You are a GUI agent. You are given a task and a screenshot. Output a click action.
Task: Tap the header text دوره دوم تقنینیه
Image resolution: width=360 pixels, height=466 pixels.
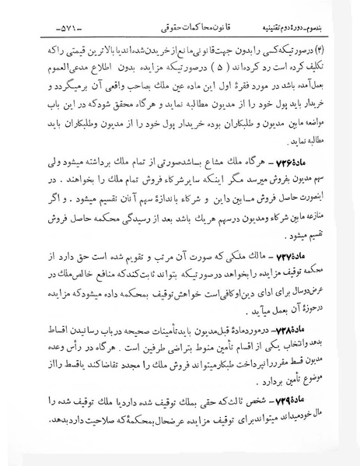(298, 28)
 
